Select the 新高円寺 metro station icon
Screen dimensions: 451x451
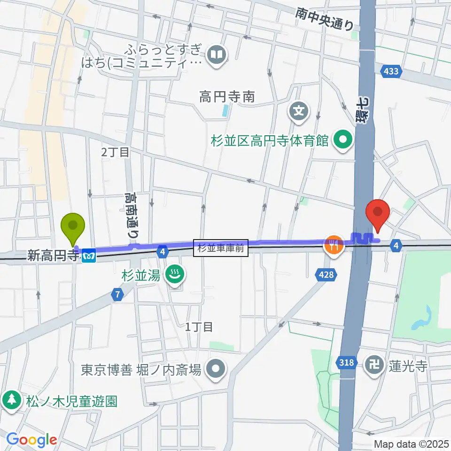(89, 256)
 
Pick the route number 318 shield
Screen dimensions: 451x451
(346, 362)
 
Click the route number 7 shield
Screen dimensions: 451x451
(118, 295)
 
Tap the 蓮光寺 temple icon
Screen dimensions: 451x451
(375, 363)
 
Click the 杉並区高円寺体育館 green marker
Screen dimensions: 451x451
(343, 140)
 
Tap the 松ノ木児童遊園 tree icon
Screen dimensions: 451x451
(10, 401)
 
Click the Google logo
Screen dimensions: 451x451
(31, 440)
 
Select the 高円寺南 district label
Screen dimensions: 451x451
(226, 97)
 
